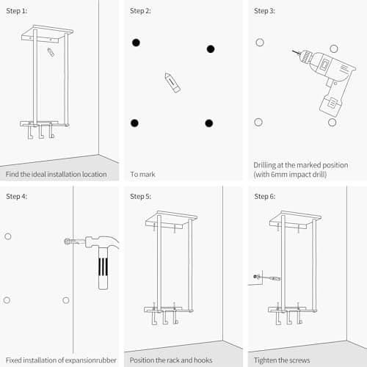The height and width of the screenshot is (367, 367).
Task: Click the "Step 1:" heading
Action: point(16,12)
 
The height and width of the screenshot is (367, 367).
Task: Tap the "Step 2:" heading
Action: point(140,12)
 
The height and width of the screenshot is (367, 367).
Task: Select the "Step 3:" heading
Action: point(265,12)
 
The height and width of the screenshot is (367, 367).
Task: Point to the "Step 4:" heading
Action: point(16,197)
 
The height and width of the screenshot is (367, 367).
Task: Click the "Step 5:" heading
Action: point(140,197)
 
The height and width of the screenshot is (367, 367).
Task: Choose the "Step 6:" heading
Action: point(265,197)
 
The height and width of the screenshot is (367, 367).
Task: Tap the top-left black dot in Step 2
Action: point(136,43)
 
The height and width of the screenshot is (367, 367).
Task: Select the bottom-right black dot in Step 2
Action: point(209,123)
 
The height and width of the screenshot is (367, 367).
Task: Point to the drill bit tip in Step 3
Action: point(293,52)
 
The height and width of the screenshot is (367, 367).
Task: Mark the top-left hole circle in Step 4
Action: point(7,236)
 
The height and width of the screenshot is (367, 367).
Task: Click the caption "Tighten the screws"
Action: point(282,360)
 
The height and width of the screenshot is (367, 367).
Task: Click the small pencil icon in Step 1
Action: point(50,53)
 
